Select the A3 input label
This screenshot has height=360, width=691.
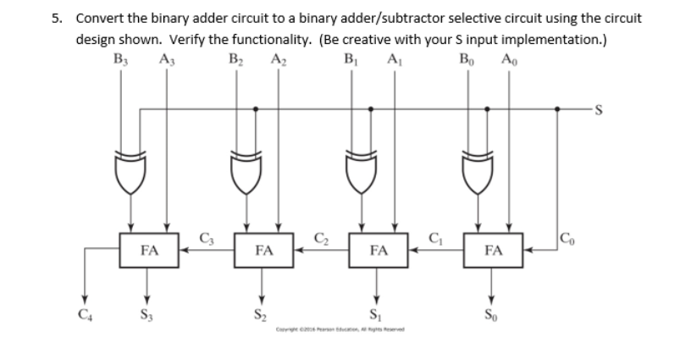[x=165, y=59]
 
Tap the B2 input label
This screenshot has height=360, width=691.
[x=235, y=59]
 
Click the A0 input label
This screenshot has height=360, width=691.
[x=509, y=59]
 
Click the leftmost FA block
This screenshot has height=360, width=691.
[x=149, y=250]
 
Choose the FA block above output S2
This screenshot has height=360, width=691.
[x=264, y=250]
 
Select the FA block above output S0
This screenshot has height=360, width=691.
[x=494, y=250]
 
